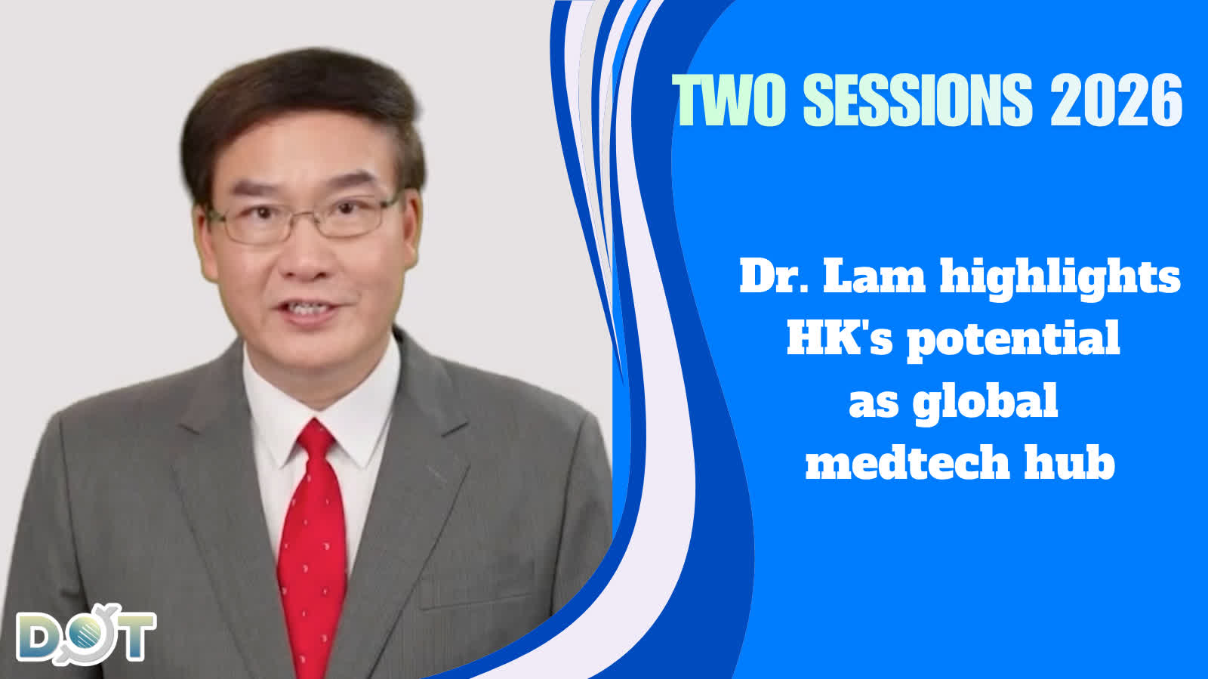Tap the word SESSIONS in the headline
pos(917,100)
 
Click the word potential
pos(1012,339)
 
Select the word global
pos(985,402)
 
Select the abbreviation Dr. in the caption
pos(774,276)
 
